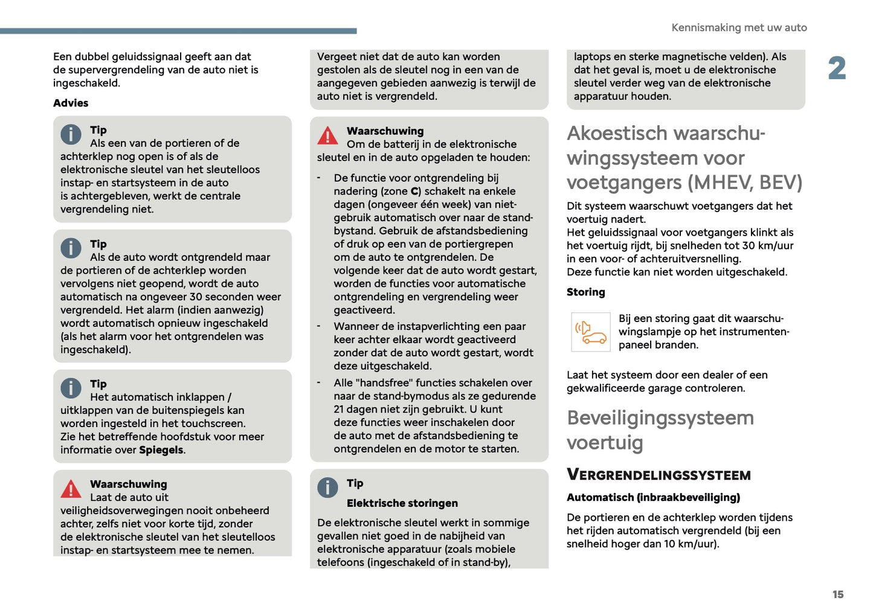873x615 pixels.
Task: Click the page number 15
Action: point(837,594)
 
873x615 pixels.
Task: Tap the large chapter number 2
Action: point(837,68)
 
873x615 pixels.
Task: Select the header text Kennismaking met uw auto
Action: point(739,28)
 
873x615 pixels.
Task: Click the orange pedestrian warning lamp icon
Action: point(590,332)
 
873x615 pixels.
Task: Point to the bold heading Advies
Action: point(71,103)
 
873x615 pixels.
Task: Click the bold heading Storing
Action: point(585,292)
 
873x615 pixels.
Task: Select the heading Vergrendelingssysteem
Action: point(659,475)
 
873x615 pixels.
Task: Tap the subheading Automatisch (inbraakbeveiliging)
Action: point(653,498)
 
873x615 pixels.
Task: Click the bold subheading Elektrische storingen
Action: point(402,503)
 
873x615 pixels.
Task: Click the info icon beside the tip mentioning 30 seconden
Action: point(71,248)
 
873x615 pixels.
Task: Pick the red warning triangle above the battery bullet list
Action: point(327,136)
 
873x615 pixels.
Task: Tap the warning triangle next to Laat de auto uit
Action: point(71,489)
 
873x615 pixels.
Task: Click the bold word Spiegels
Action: point(161,450)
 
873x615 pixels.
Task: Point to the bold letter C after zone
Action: point(414,192)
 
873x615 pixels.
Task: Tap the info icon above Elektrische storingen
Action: point(327,487)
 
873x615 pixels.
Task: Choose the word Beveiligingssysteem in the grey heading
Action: point(660,418)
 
